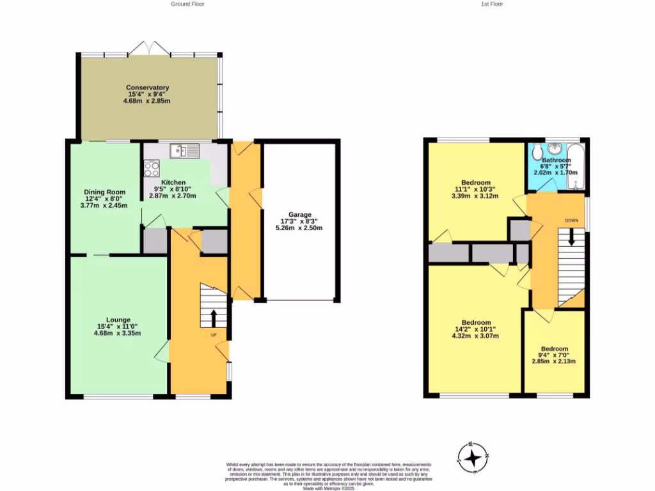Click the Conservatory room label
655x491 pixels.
pyautogui.click(x=147, y=88)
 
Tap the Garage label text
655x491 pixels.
pyautogui.click(x=299, y=214)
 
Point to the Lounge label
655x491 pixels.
pyautogui.click(x=118, y=320)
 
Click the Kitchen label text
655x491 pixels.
pyautogui.click(x=173, y=183)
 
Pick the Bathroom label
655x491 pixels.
pyautogui.click(x=556, y=160)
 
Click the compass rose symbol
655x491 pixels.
pyautogui.click(x=473, y=458)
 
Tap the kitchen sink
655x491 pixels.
pyautogui.click(x=185, y=152)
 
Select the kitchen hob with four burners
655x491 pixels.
pyautogui.click(x=152, y=168)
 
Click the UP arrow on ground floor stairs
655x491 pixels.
pyautogui.click(x=214, y=318)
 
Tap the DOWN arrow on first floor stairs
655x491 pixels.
pyautogui.click(x=571, y=237)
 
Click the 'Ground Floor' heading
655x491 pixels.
pyautogui.click(x=187, y=4)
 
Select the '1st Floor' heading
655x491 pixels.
pyautogui.click(x=492, y=4)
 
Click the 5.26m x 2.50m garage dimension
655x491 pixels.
pyautogui.click(x=299, y=228)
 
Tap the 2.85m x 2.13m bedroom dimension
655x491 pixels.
pyautogui.click(x=554, y=361)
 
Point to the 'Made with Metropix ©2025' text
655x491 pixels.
pyautogui.click(x=329, y=488)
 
